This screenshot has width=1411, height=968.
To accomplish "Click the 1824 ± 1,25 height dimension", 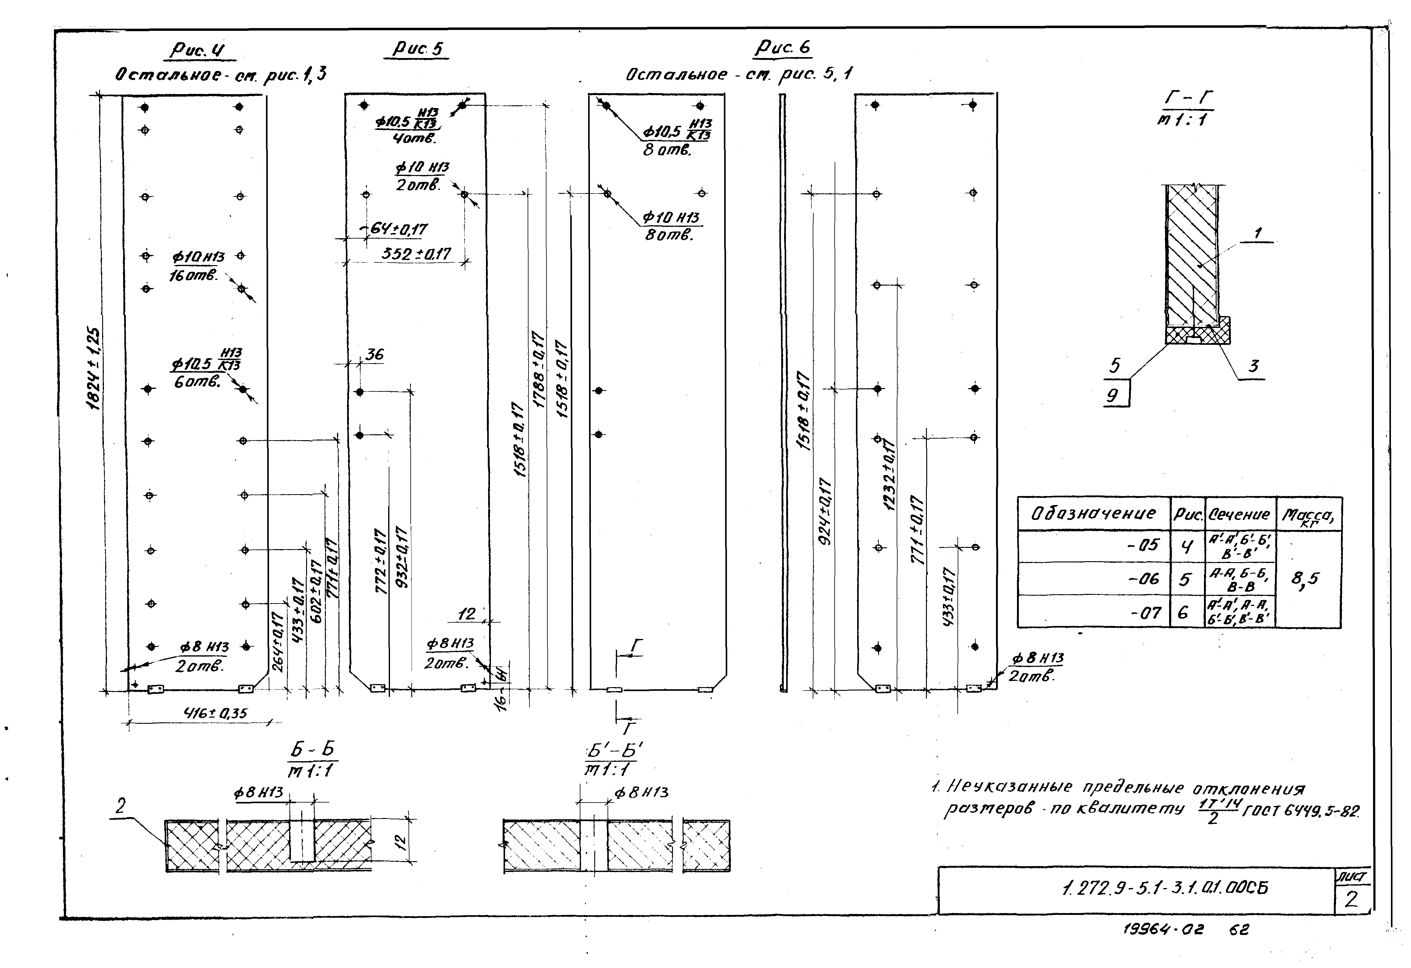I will click(94, 369).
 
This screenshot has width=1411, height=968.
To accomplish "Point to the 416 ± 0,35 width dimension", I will click(216, 713).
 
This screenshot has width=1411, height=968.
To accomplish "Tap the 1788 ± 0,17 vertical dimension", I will click(538, 369).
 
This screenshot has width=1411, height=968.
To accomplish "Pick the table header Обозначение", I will click(1093, 514).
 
